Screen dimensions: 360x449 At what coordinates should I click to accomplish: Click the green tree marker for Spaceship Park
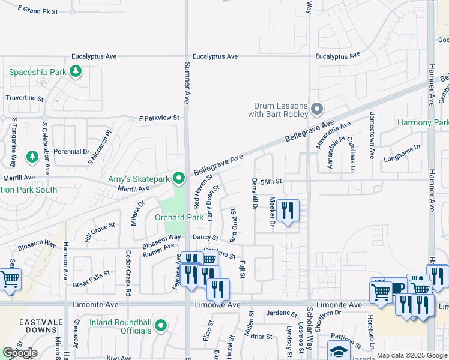[x=76, y=72]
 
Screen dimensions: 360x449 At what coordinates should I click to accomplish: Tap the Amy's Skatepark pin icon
[x=178, y=178]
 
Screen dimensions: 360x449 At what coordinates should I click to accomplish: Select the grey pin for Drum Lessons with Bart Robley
[x=318, y=109]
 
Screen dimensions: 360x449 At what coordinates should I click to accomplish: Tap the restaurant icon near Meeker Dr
[x=288, y=211]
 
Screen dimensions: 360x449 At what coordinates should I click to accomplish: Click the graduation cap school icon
[x=339, y=351]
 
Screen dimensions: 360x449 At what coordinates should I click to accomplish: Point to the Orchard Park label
[x=179, y=217]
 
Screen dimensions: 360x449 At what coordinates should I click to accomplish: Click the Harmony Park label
[x=423, y=122]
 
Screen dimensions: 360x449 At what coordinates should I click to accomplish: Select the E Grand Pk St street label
[x=38, y=11]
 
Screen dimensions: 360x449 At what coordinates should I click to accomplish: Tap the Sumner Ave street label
[x=187, y=83]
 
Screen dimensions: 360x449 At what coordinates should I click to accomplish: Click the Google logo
[x=20, y=353]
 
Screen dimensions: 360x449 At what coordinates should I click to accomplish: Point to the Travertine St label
[x=25, y=97]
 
